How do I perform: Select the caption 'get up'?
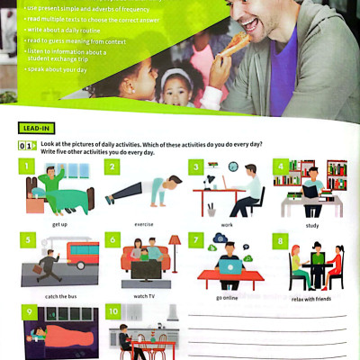59,223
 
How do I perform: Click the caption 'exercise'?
143,223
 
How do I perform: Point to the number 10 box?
112,312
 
